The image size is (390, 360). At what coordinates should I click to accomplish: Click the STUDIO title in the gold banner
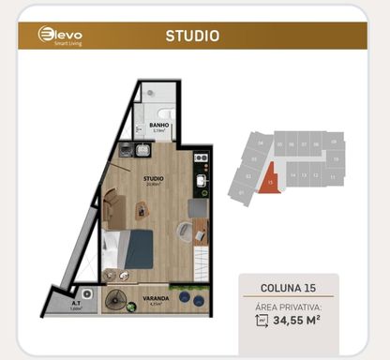pos(192,37)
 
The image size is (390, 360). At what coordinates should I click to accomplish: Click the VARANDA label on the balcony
pos(157,300)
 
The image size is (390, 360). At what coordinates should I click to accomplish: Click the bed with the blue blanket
pos(129,247)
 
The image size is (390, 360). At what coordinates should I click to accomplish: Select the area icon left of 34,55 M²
pos(261,322)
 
